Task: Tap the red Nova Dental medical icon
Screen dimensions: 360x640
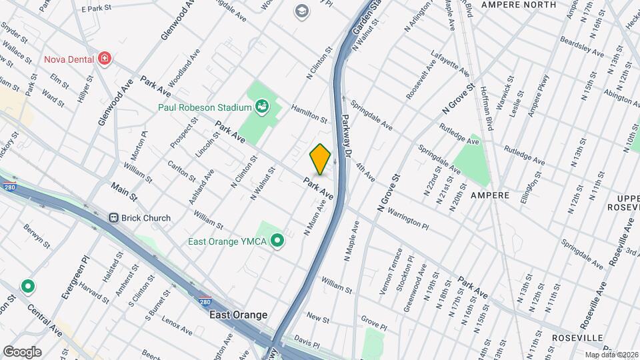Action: tap(104, 59)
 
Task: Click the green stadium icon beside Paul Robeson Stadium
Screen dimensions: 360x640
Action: tap(262, 106)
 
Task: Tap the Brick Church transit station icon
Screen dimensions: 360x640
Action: tap(113, 218)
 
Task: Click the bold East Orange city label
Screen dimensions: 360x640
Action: tap(238, 315)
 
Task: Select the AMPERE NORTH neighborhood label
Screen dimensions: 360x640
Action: tap(519, 5)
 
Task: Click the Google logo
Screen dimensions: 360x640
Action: tap(22, 352)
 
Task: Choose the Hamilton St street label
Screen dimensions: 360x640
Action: tap(309, 114)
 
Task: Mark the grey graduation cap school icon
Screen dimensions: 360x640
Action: tap(302, 11)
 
